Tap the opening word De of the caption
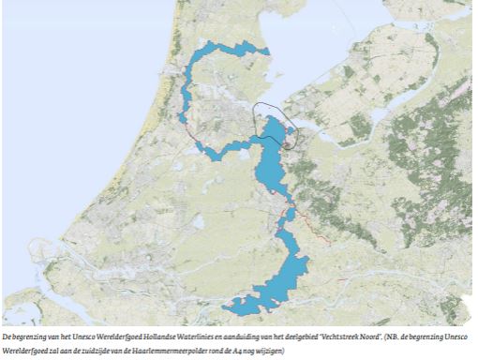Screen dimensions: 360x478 click(7, 336)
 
